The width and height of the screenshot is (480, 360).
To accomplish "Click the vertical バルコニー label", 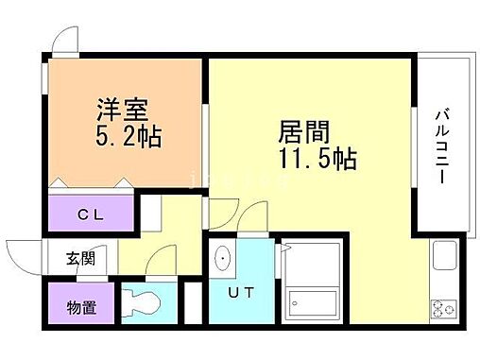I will point(441,146).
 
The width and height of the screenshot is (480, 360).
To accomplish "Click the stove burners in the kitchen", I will point(442,308).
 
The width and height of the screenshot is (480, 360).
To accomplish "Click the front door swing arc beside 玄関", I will point(26,253).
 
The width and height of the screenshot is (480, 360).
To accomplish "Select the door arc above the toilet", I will point(163,258).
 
